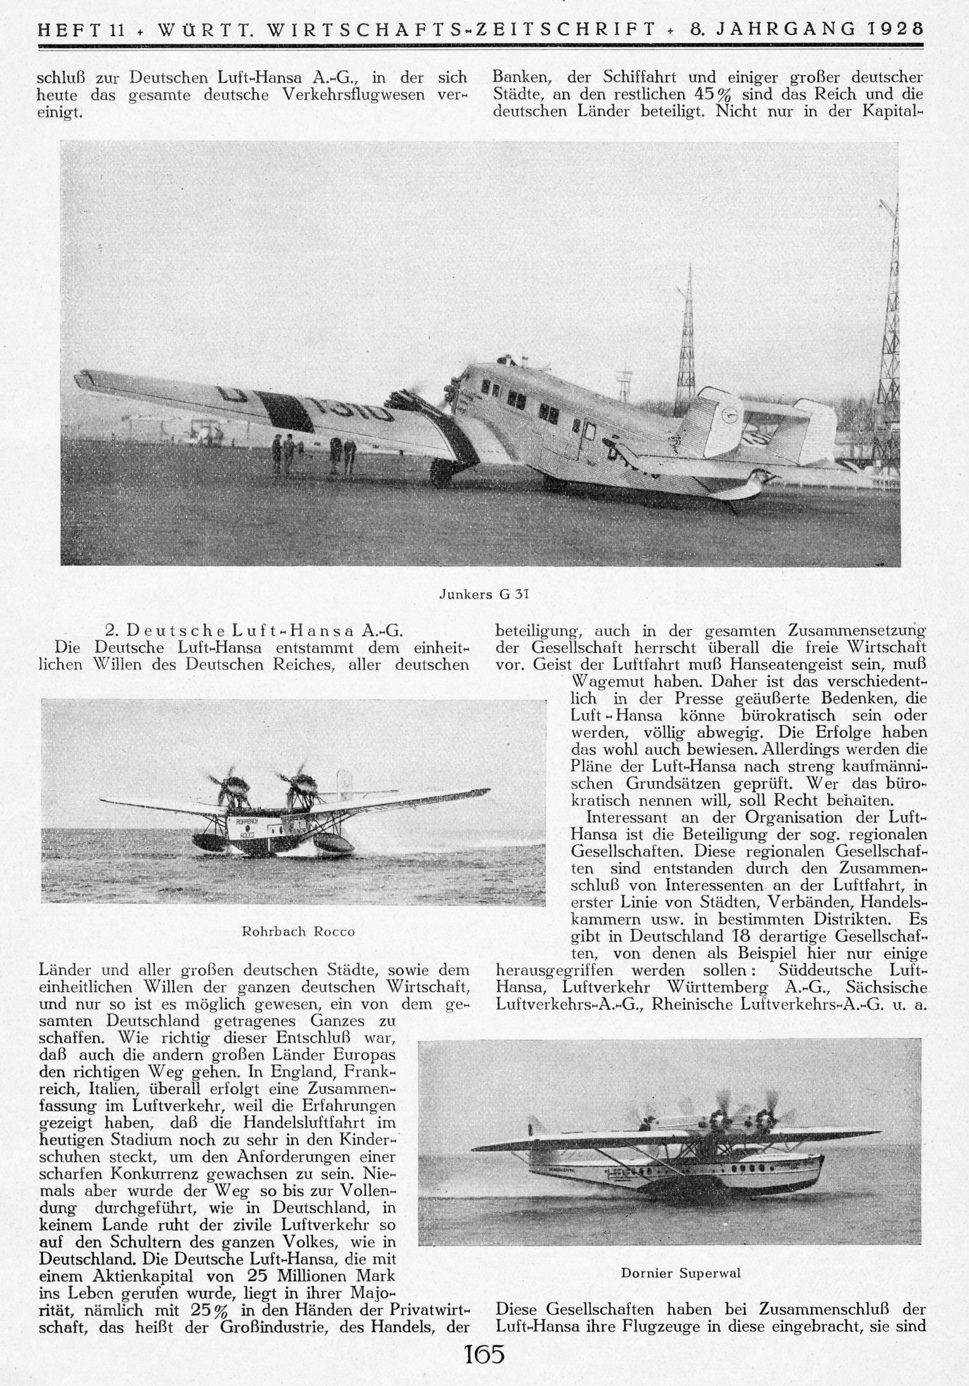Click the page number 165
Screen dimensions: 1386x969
484,1366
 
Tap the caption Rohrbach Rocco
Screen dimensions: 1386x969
298,931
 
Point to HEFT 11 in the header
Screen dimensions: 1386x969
81,30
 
